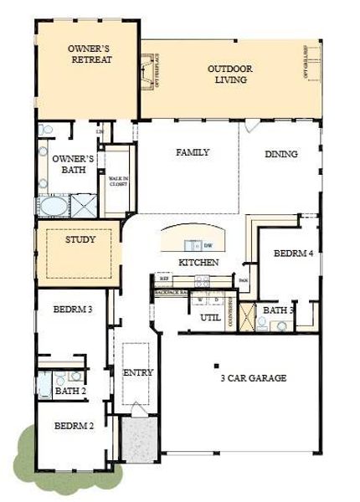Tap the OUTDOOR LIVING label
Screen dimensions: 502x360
[229, 74]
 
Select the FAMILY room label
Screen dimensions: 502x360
[192, 152]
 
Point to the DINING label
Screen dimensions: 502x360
[281, 154]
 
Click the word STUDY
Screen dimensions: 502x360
[80, 239]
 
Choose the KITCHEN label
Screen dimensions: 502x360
[198, 263]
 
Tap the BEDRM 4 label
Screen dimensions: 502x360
[293, 253]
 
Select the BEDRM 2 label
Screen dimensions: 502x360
[74, 426]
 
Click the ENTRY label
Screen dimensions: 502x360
[138, 372]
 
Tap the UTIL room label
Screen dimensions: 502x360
[209, 318]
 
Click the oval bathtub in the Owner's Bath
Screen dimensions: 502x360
[53, 205]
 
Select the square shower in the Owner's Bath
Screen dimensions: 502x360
[84, 205]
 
